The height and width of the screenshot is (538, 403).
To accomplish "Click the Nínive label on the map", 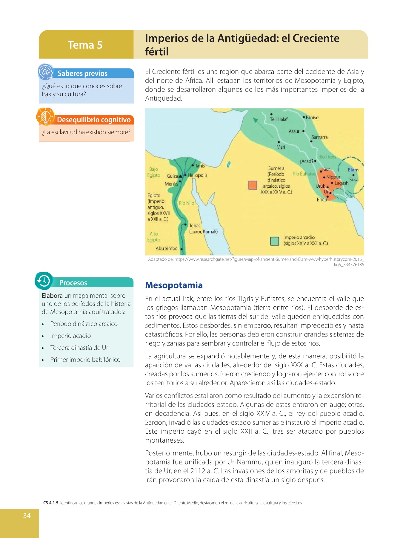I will [312, 118].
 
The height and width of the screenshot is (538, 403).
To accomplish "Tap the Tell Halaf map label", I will [279, 120].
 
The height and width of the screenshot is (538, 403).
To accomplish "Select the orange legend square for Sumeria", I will [253, 185].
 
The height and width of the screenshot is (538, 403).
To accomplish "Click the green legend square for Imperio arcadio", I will [274, 241].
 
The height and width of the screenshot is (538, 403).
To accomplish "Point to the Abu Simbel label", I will [167, 248].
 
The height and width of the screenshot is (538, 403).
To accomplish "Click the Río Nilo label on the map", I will [186, 203].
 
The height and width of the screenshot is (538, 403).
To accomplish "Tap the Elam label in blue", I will [353, 170].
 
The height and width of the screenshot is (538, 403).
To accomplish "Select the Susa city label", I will [354, 180].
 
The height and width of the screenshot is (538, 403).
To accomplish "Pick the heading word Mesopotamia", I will [174, 285].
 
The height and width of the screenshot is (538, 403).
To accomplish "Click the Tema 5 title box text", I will [85, 45].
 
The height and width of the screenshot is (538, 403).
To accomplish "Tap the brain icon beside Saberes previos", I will [45, 71].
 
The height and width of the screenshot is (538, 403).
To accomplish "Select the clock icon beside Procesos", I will [44, 281].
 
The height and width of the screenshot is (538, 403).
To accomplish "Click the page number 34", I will [27, 516].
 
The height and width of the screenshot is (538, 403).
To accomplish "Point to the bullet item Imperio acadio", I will [70, 336].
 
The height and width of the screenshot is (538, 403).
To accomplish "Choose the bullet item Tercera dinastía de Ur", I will [79, 348].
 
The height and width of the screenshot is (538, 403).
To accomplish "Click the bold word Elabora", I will [52, 296].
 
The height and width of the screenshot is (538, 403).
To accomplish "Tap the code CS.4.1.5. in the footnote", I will [51, 503].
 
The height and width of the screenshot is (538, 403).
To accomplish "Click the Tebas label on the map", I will [195, 226].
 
